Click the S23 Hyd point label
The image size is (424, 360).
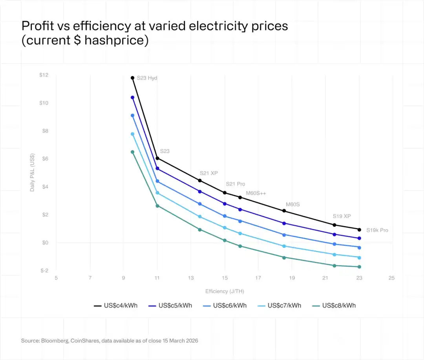(147, 78)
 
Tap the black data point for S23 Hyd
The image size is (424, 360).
(133, 78)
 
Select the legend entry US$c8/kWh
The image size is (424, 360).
(334, 305)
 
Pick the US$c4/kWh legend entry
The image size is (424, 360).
(116, 305)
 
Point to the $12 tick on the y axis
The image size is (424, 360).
(44, 75)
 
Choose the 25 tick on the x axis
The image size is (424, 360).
(391, 278)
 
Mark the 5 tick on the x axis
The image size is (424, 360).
(56, 278)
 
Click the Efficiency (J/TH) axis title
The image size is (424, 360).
(225, 291)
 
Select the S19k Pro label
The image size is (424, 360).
(377, 230)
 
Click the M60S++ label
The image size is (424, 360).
(256, 193)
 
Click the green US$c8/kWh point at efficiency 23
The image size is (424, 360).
(359, 267)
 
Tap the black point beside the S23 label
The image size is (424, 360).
(157, 158)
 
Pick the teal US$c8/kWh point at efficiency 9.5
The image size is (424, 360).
(132, 152)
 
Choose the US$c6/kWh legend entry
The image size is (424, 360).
(225, 305)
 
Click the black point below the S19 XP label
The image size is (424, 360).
(334, 225)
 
